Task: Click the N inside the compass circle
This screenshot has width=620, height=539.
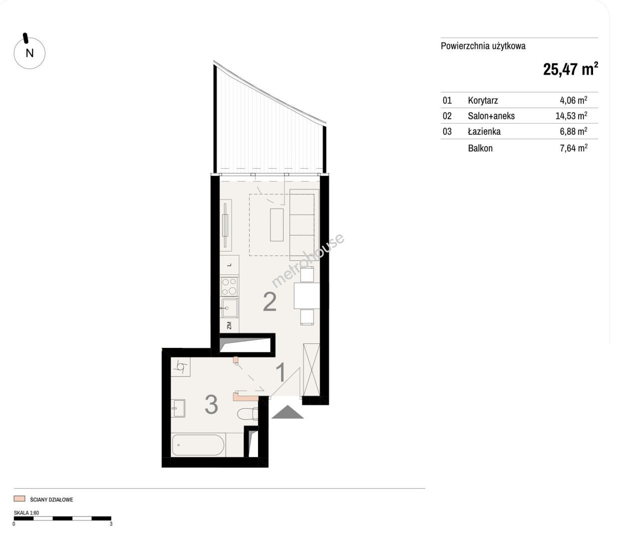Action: coord(29,53)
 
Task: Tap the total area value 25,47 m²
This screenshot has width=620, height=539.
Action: coord(570,69)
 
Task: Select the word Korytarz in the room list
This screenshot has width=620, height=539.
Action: coord(483,100)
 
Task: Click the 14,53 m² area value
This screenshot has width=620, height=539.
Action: coord(571,115)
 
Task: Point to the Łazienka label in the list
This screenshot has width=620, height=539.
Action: coord(484,131)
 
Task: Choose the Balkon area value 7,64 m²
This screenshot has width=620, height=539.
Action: coord(574,148)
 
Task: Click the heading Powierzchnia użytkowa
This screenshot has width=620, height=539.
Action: coord(483,46)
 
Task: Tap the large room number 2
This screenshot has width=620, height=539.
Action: coord(270,301)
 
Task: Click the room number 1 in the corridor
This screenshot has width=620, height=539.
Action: coord(281,373)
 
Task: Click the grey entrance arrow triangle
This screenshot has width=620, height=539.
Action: coord(287,412)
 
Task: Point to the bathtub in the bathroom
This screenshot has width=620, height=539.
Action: coord(198,445)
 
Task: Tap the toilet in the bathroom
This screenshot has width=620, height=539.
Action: coord(248,414)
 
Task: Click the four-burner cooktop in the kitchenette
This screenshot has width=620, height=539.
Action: coord(229,286)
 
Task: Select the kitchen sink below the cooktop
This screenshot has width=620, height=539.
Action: coord(230,308)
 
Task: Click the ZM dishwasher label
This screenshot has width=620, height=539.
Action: coord(229,325)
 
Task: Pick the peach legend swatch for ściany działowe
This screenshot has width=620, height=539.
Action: coord(19,499)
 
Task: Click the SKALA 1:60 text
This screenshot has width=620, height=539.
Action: coord(26,513)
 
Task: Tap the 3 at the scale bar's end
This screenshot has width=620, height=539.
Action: coord(111,524)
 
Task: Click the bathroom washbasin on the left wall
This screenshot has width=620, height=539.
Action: coord(178,408)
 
